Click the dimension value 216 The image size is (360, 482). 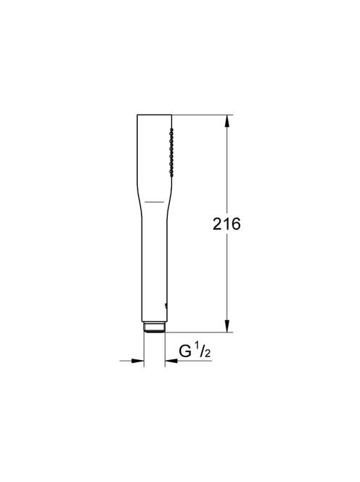pyautogui.click(x=226, y=224)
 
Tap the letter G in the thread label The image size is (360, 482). pyautogui.click(x=185, y=351)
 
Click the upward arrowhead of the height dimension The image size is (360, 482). pyautogui.click(x=227, y=120)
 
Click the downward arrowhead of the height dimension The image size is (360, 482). pyautogui.click(x=227, y=326)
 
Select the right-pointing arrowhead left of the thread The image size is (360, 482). pyautogui.click(x=138, y=361)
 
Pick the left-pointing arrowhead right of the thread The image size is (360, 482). pyautogui.click(x=171, y=361)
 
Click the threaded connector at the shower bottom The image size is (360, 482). pyautogui.click(x=155, y=327)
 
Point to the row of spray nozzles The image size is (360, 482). pyautogui.click(x=171, y=152)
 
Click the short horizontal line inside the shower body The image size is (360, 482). pyautogui.click(x=155, y=202)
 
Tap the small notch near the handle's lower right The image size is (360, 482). pyautogui.click(x=166, y=305)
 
